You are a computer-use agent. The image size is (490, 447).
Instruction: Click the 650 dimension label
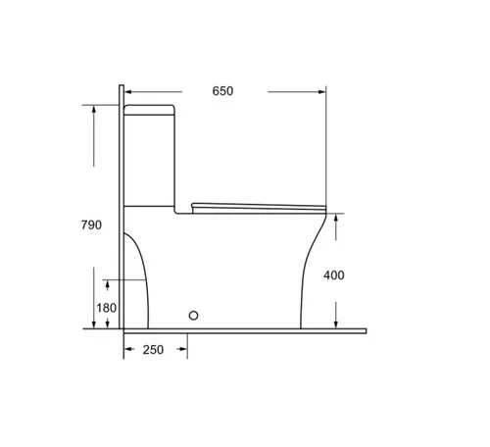coord(222,91)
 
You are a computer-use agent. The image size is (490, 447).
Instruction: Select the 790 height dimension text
coord(91,224)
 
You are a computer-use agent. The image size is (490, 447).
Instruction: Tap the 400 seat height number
coord(334,275)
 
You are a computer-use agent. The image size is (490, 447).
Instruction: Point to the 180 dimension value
coord(107,308)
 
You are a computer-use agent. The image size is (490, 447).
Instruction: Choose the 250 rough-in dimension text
coord(153,350)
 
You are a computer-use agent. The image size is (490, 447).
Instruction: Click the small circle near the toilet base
coord(193,316)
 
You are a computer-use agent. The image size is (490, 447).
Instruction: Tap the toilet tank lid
coord(150,110)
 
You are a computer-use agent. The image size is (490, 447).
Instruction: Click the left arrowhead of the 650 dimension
coord(128,92)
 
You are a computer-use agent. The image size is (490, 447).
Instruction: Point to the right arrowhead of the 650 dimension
coord(322,92)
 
